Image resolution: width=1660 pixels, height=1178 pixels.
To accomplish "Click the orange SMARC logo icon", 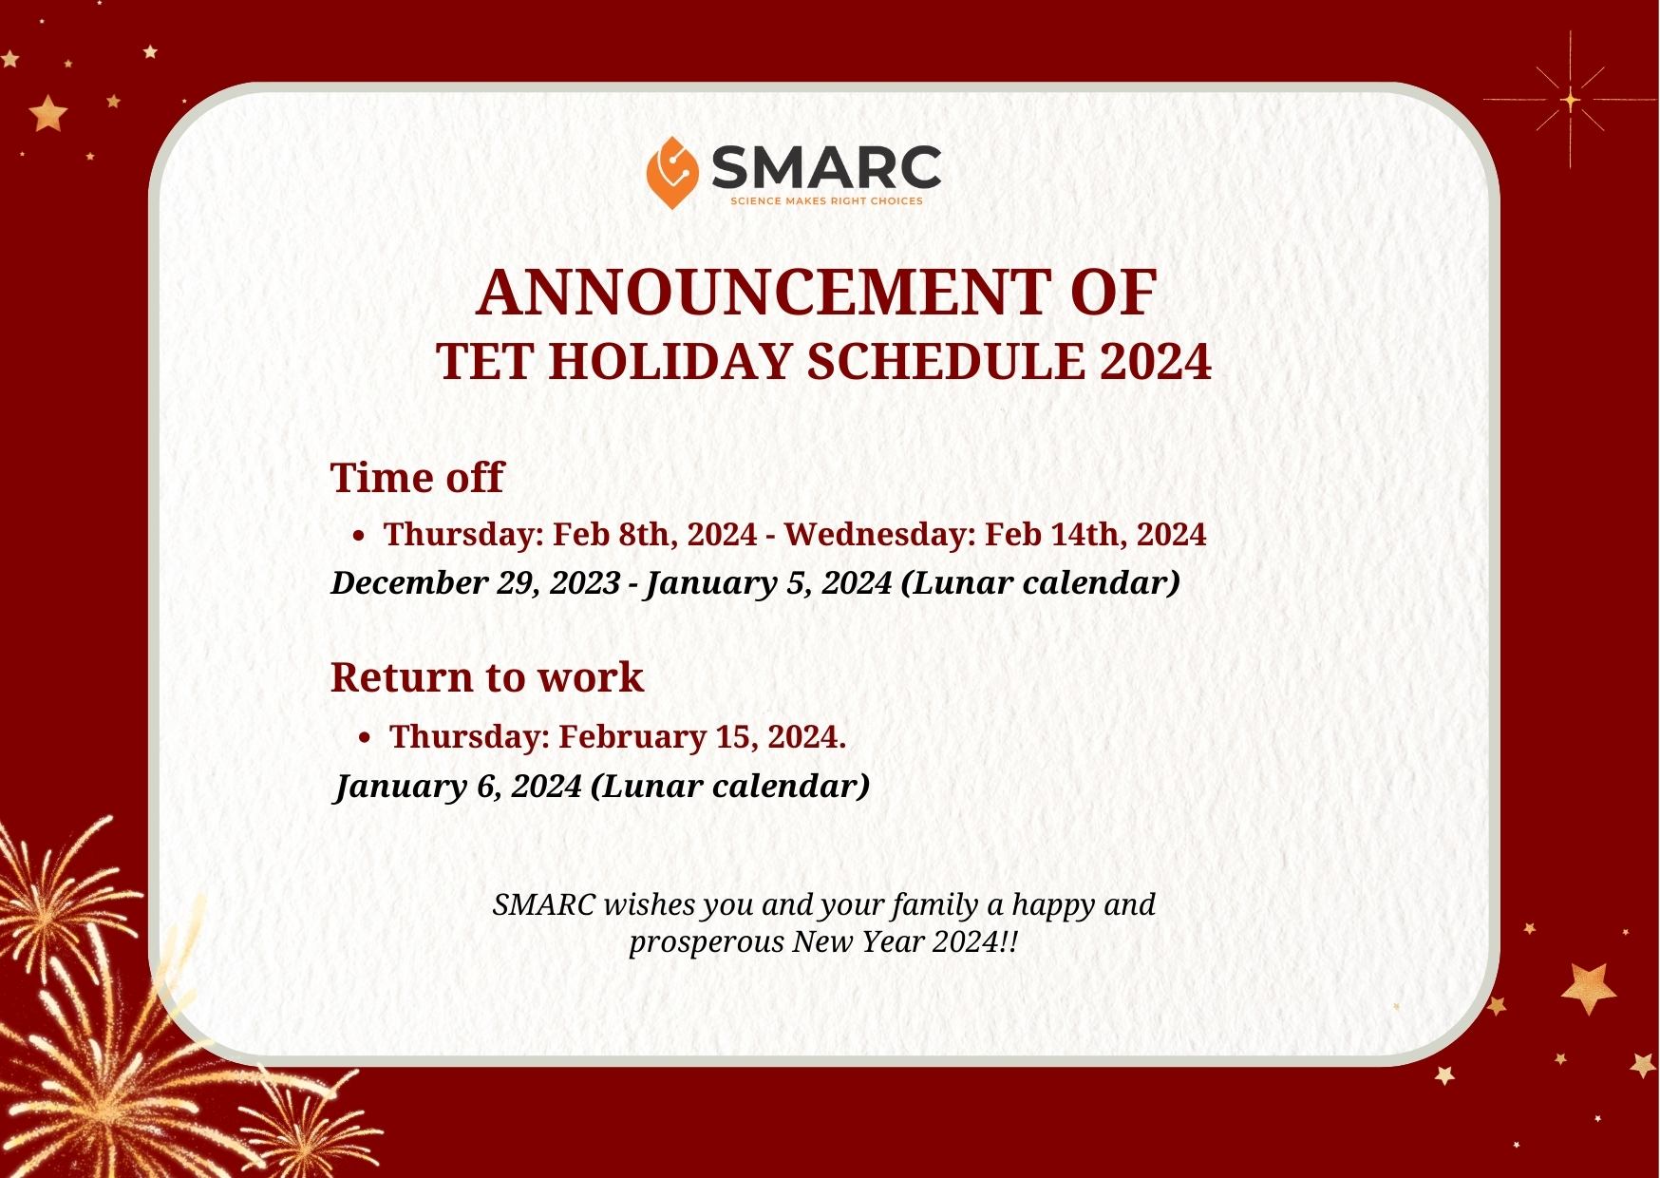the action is [x=672, y=173].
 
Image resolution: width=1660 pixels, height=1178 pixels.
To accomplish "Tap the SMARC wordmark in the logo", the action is [x=826, y=168].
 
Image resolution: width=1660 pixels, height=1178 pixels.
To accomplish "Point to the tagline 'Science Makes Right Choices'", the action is [x=826, y=201].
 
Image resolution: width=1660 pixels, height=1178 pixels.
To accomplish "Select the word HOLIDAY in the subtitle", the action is [x=670, y=362].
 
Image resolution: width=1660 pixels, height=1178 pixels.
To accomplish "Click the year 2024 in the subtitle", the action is [x=1156, y=362].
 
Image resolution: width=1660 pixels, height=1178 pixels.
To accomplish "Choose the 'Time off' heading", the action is [x=417, y=477].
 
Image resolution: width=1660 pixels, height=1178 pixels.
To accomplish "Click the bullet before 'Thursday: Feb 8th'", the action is [x=358, y=537].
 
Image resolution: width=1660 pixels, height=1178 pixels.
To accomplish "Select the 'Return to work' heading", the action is [x=487, y=677].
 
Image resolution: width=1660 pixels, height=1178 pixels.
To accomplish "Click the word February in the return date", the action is [x=632, y=736].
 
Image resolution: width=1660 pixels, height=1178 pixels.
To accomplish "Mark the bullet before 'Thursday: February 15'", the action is [x=365, y=738].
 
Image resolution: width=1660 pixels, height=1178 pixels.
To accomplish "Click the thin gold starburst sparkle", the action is [x=1571, y=99].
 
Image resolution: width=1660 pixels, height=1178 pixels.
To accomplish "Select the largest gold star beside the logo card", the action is [x=1589, y=988].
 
